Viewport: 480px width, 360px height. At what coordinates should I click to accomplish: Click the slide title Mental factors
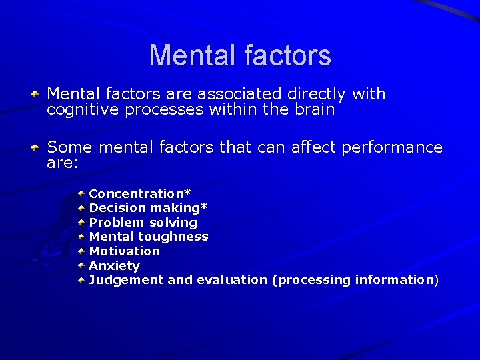coord(240,55)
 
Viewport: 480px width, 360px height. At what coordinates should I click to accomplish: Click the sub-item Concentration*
coord(140,193)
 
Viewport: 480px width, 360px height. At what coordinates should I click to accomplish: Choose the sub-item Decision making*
coord(149,208)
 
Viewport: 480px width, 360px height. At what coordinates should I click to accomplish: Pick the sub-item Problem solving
coord(143,223)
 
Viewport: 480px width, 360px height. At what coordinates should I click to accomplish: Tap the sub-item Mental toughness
coord(149,237)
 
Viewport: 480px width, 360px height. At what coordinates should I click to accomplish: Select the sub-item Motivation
coord(125,251)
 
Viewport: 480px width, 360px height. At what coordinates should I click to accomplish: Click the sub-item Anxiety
coord(115,266)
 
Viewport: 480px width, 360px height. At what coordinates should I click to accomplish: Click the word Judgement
coord(126,280)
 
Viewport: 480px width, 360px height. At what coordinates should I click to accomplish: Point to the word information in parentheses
coord(394,280)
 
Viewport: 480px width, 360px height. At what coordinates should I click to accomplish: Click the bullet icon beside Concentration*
coord(81,193)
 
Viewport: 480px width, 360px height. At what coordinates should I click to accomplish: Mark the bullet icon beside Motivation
coord(81,251)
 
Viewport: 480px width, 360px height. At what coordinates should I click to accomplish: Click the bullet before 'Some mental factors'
coord(39,146)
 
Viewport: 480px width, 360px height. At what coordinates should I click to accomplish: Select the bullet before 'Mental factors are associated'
coord(39,94)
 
